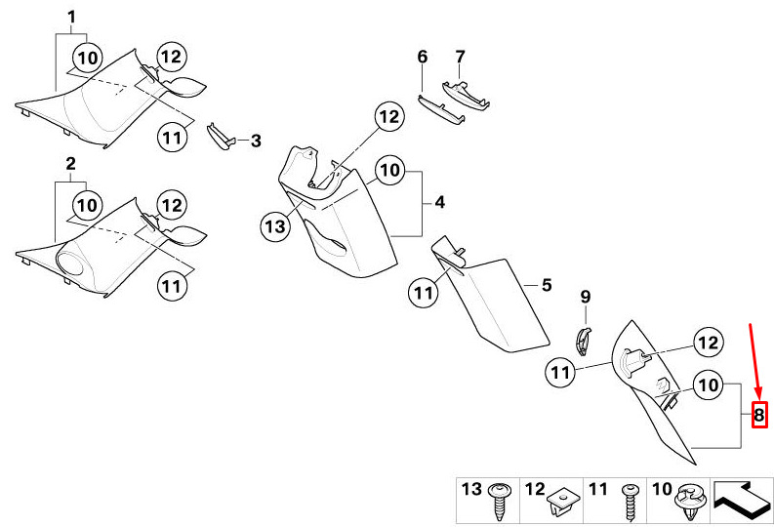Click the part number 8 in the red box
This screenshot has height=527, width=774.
759,415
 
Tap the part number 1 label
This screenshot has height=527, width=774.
71,18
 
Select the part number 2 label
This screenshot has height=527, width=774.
71,163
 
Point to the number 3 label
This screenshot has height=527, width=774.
256,142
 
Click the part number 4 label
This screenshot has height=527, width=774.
440,202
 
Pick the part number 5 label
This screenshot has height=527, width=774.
547,285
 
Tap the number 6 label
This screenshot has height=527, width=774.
423,57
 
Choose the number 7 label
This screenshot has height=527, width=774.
460,57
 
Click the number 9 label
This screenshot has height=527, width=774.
585,297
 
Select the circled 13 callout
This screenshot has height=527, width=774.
275,226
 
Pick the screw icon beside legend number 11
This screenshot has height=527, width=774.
631,501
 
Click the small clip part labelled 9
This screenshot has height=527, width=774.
584,341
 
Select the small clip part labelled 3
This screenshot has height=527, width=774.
220,136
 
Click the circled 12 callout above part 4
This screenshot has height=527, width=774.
389,116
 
